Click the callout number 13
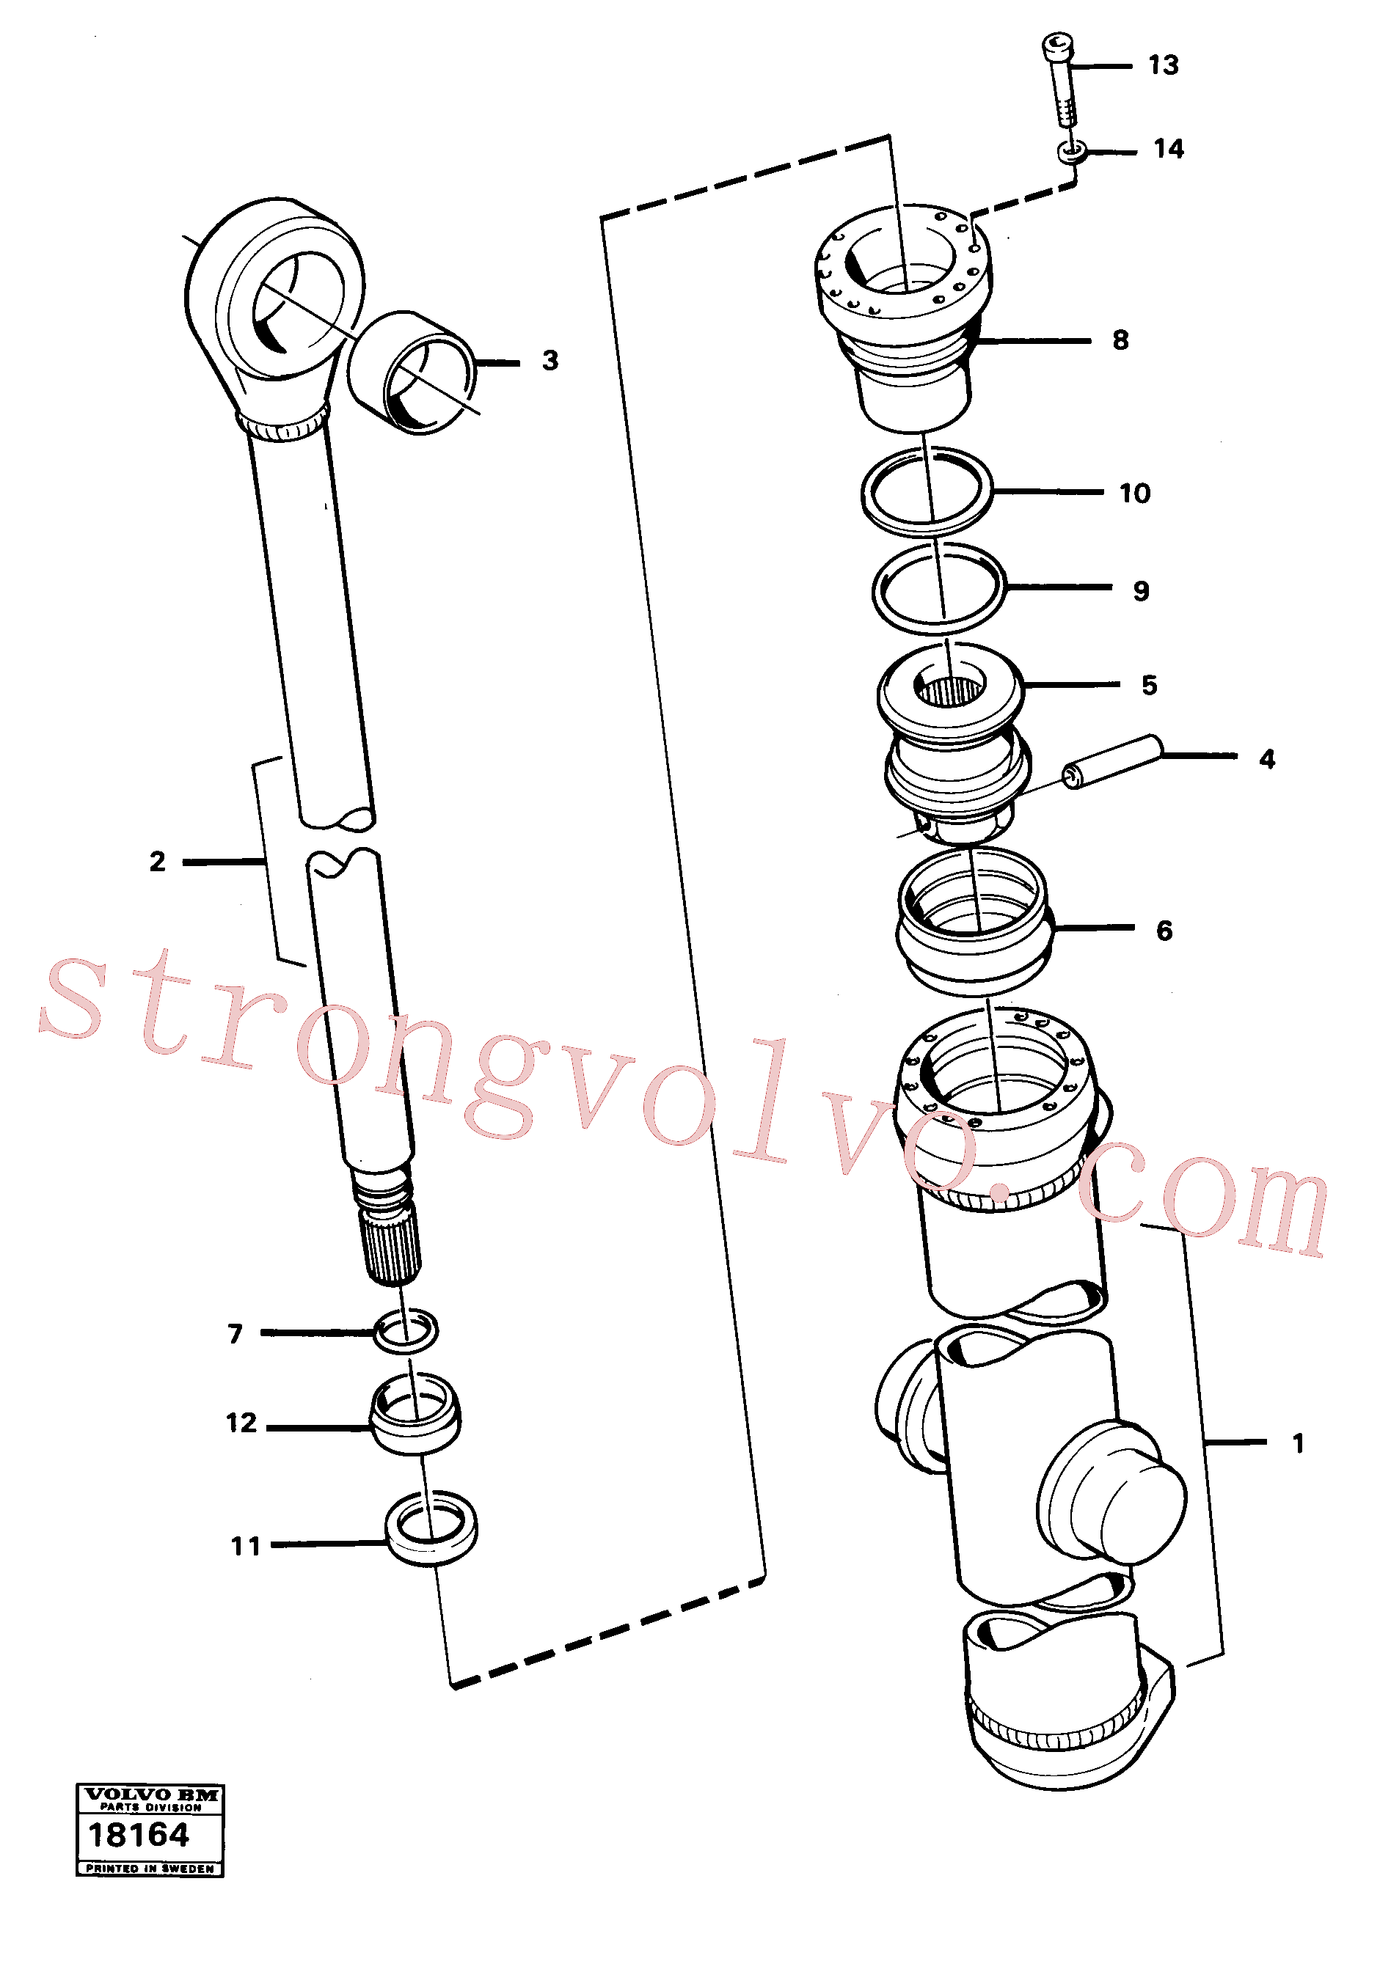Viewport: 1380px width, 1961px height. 1163,65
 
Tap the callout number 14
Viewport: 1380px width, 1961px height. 1169,149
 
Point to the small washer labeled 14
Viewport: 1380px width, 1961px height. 1073,152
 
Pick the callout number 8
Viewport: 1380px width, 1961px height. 1120,340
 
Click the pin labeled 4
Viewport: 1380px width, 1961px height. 1112,762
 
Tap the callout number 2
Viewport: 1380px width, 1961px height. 157,862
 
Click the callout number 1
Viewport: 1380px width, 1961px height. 1298,1443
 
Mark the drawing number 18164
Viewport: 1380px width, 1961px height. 139,1833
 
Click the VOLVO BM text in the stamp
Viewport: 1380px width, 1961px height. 150,1795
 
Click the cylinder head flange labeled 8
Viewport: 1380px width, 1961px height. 903,317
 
